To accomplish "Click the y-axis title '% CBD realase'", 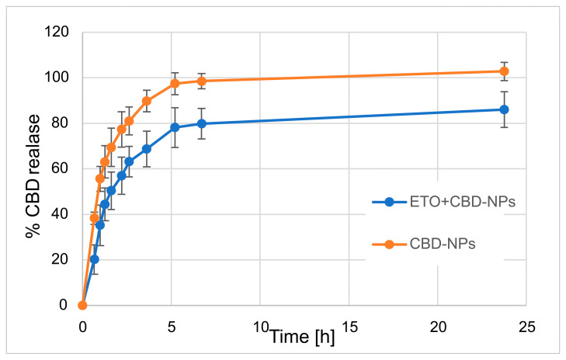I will [33, 168].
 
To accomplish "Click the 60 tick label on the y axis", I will [58, 168].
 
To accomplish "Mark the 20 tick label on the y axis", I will [58, 259].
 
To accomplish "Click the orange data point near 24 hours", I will [504, 71].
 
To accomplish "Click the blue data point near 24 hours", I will [504, 109].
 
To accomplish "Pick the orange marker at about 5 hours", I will [175, 84].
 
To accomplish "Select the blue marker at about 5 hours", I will [175, 127].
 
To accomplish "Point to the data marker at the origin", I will [82, 305].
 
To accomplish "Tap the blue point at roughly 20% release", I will [94, 259].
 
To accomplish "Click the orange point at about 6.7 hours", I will [201, 81].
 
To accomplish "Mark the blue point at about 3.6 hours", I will [147, 149].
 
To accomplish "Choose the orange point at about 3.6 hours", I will [147, 101].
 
